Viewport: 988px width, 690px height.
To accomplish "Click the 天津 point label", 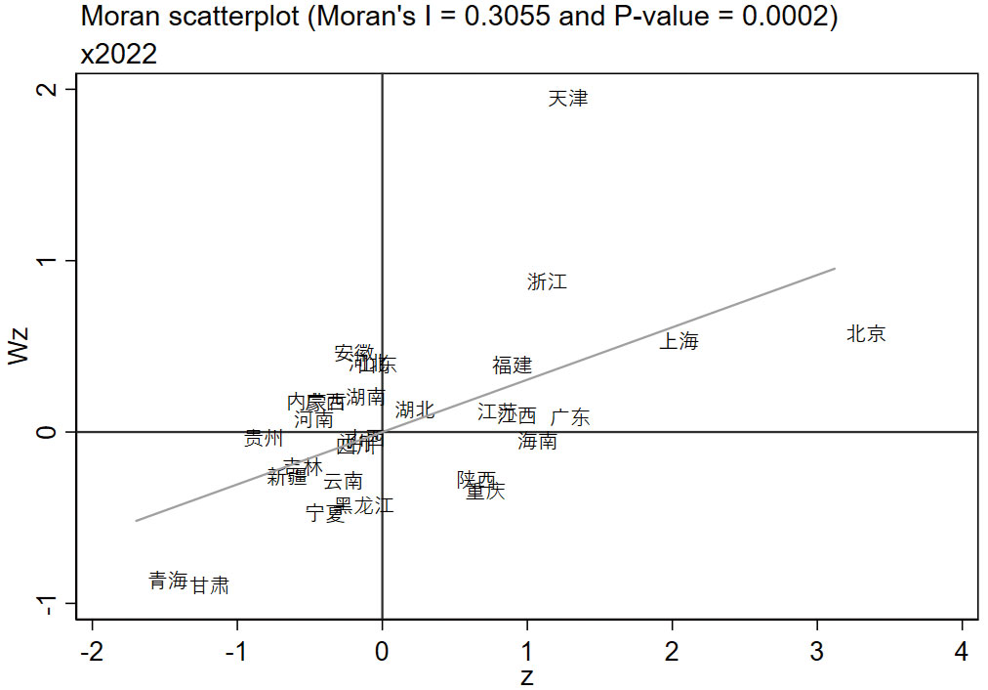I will click(568, 99).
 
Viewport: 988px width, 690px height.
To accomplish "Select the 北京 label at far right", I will click(866, 334).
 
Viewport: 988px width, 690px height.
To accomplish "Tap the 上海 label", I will click(679, 341).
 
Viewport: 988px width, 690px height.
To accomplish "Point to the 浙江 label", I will click(547, 282).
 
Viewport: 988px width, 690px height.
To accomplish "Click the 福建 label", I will click(513, 366).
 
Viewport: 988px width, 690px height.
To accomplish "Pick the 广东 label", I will click(570, 417).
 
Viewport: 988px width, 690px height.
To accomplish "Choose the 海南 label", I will click(538, 441).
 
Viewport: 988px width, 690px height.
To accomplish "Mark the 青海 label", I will click(168, 581).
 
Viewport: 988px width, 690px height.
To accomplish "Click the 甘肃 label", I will click(210, 585).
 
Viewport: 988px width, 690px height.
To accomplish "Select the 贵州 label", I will click(264, 438).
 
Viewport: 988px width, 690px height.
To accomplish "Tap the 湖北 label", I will click(415, 410).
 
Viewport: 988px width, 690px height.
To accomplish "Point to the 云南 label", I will click(344, 481).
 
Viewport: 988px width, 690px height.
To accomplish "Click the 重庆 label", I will click(486, 492).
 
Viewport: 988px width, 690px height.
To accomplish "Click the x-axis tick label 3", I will click(817, 652).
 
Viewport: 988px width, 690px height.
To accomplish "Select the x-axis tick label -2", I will click(92, 652).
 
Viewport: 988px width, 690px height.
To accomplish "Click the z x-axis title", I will click(527, 676).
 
